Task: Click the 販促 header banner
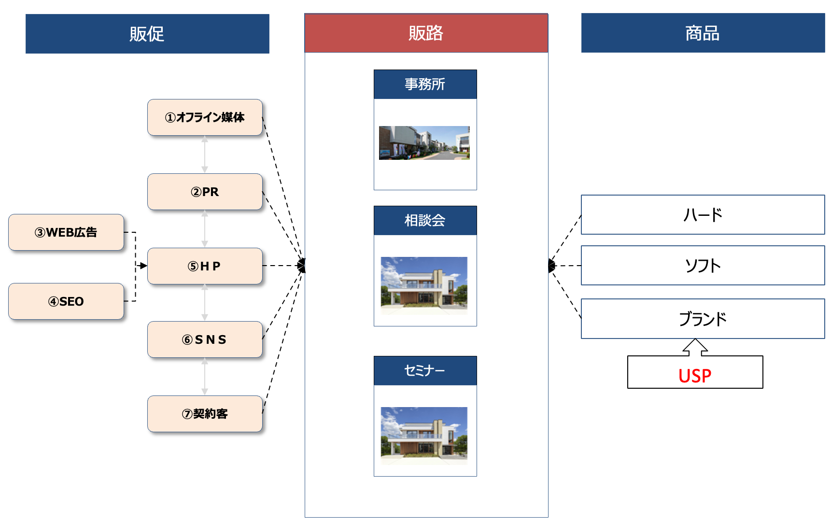pyautogui.click(x=147, y=34)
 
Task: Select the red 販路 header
pyautogui.click(x=426, y=33)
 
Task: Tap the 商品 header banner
pyautogui.click(x=703, y=33)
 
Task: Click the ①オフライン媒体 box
pyautogui.click(x=205, y=117)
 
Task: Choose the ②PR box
pyautogui.click(x=205, y=192)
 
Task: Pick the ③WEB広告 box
pyautogui.click(x=66, y=232)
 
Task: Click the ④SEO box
pyautogui.click(x=66, y=301)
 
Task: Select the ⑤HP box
pyautogui.click(x=205, y=266)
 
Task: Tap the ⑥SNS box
pyautogui.click(x=205, y=339)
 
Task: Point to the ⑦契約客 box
pyautogui.click(x=205, y=414)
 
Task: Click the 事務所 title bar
pyautogui.click(x=425, y=85)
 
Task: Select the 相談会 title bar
pyautogui.click(x=425, y=221)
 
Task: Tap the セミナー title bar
pyautogui.click(x=425, y=370)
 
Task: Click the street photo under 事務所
pyautogui.click(x=424, y=143)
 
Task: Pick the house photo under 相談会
pyautogui.click(x=424, y=285)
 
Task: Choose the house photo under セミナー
pyautogui.click(x=424, y=436)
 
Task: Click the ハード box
pyautogui.click(x=703, y=215)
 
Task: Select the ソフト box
pyautogui.click(x=703, y=266)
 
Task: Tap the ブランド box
pyautogui.click(x=703, y=319)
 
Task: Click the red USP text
pyautogui.click(x=695, y=376)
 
